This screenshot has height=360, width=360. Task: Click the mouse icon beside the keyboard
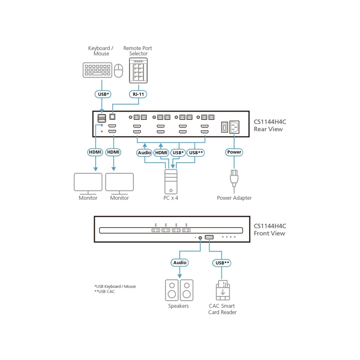(x=119, y=70)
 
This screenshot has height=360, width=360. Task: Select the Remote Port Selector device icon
(x=138, y=71)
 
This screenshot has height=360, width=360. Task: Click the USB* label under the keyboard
(x=102, y=94)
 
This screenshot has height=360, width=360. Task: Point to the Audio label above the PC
(x=144, y=153)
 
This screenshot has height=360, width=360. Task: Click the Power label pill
(x=234, y=152)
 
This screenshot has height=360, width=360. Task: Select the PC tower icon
(x=171, y=181)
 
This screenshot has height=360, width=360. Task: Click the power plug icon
(x=234, y=178)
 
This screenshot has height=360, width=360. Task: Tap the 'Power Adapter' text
(x=234, y=198)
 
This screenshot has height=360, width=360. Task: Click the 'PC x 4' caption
(x=171, y=198)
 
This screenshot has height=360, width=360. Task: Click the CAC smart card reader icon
(x=223, y=290)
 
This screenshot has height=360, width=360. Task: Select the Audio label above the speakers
(x=180, y=263)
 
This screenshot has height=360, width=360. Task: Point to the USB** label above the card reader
(x=222, y=263)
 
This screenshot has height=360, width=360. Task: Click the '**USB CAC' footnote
(x=104, y=291)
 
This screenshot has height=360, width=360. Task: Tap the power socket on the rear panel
(x=234, y=127)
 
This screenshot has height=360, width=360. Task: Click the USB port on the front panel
(x=209, y=238)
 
